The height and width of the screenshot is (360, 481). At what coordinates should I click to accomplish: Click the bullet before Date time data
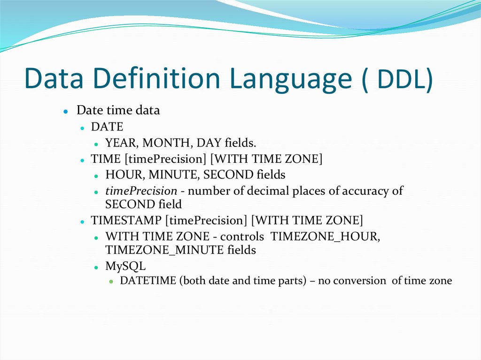click(66, 112)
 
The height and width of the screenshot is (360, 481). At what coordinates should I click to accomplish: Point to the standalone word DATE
click(107, 127)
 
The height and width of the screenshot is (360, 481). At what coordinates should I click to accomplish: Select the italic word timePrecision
click(141, 191)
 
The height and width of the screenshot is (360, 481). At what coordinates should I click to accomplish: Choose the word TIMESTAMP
click(127, 220)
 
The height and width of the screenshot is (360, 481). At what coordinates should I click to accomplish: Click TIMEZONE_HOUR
click(326, 236)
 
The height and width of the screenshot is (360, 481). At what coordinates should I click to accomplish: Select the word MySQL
click(125, 266)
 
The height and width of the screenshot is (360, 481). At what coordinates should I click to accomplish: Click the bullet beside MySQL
click(96, 267)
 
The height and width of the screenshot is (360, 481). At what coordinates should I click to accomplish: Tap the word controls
click(242, 236)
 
